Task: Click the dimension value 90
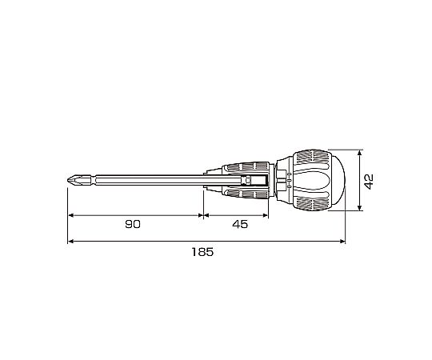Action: (133, 224)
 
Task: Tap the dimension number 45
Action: (240, 224)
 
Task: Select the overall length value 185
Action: (202, 252)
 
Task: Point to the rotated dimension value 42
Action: (369, 182)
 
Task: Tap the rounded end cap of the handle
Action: (338, 180)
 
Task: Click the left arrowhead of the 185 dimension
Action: (70, 242)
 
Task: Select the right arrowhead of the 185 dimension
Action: (342, 242)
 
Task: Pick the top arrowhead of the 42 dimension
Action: (359, 153)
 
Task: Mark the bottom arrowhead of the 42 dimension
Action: (359, 207)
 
